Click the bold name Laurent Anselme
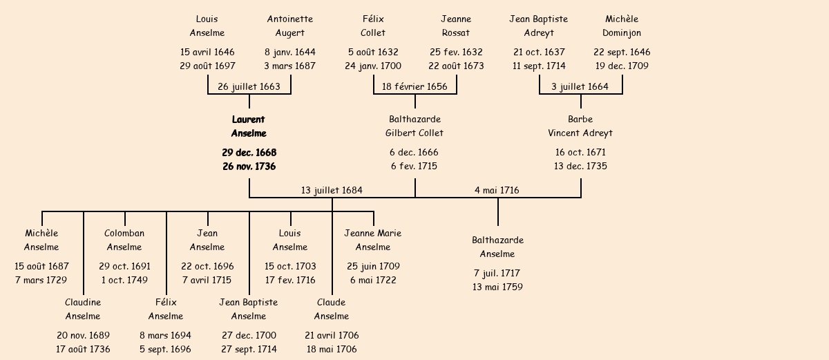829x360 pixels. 249,126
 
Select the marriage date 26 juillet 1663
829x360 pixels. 249,86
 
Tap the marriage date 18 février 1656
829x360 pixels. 414,86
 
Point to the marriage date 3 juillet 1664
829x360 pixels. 580,86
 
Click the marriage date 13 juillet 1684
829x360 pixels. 332,190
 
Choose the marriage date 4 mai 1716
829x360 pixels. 497,190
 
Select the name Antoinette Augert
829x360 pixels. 290,26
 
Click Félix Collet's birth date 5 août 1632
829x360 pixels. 373,52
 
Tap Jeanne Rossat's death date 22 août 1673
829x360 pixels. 456,66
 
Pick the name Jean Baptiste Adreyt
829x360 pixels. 539,26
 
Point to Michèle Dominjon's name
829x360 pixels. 622,26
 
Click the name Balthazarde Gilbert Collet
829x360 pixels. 414,126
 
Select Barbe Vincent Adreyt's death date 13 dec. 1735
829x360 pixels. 580,166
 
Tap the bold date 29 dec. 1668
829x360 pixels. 249,152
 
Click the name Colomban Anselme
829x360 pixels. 124,240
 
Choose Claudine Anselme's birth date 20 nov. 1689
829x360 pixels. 83,335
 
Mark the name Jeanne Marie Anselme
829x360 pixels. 373,240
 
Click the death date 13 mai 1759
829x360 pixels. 497,287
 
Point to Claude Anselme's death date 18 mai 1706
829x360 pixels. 332,349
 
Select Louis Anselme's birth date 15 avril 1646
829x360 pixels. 207,52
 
